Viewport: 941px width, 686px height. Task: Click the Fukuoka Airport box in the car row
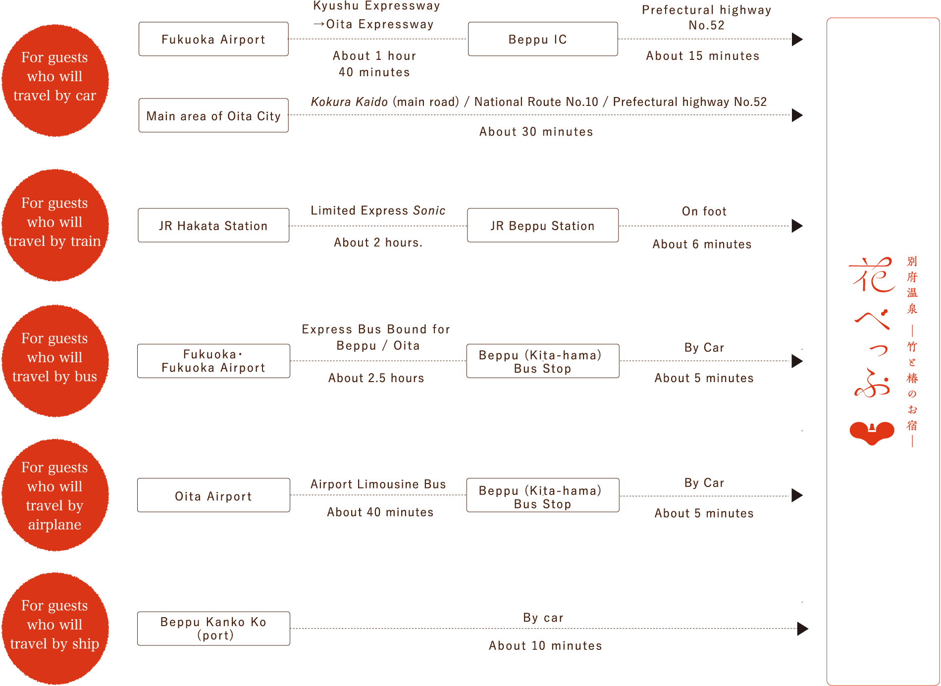pyautogui.click(x=213, y=39)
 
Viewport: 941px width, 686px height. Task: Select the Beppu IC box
pyautogui.click(x=543, y=39)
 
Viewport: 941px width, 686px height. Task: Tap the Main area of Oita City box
pyautogui.click(x=213, y=115)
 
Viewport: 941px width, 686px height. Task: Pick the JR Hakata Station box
pyautogui.click(x=213, y=225)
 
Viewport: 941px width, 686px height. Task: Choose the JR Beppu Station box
pyautogui.click(x=543, y=225)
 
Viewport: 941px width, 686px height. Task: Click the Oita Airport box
pyautogui.click(x=213, y=495)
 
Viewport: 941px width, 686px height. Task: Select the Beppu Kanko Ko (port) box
pyautogui.click(x=213, y=629)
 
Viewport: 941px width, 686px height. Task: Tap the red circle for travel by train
pyautogui.click(x=55, y=225)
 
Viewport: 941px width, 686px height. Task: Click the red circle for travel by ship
pyautogui.click(x=55, y=629)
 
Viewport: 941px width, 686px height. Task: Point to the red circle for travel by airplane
pyautogui.click(x=55, y=495)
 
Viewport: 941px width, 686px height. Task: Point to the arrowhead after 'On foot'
pyautogui.click(x=797, y=226)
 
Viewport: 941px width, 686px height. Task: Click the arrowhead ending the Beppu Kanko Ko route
pyautogui.click(x=802, y=629)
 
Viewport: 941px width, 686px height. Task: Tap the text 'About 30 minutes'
pyautogui.click(x=536, y=132)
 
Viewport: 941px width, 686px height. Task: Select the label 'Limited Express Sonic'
pyautogui.click(x=378, y=211)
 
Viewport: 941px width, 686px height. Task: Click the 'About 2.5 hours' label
pyautogui.click(x=376, y=378)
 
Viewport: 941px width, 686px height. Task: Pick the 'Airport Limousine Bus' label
pyautogui.click(x=378, y=484)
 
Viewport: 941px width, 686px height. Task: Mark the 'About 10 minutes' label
pyautogui.click(x=545, y=645)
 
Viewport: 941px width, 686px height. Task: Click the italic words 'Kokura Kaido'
pyautogui.click(x=349, y=102)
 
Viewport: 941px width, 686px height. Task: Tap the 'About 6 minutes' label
pyautogui.click(x=702, y=244)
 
